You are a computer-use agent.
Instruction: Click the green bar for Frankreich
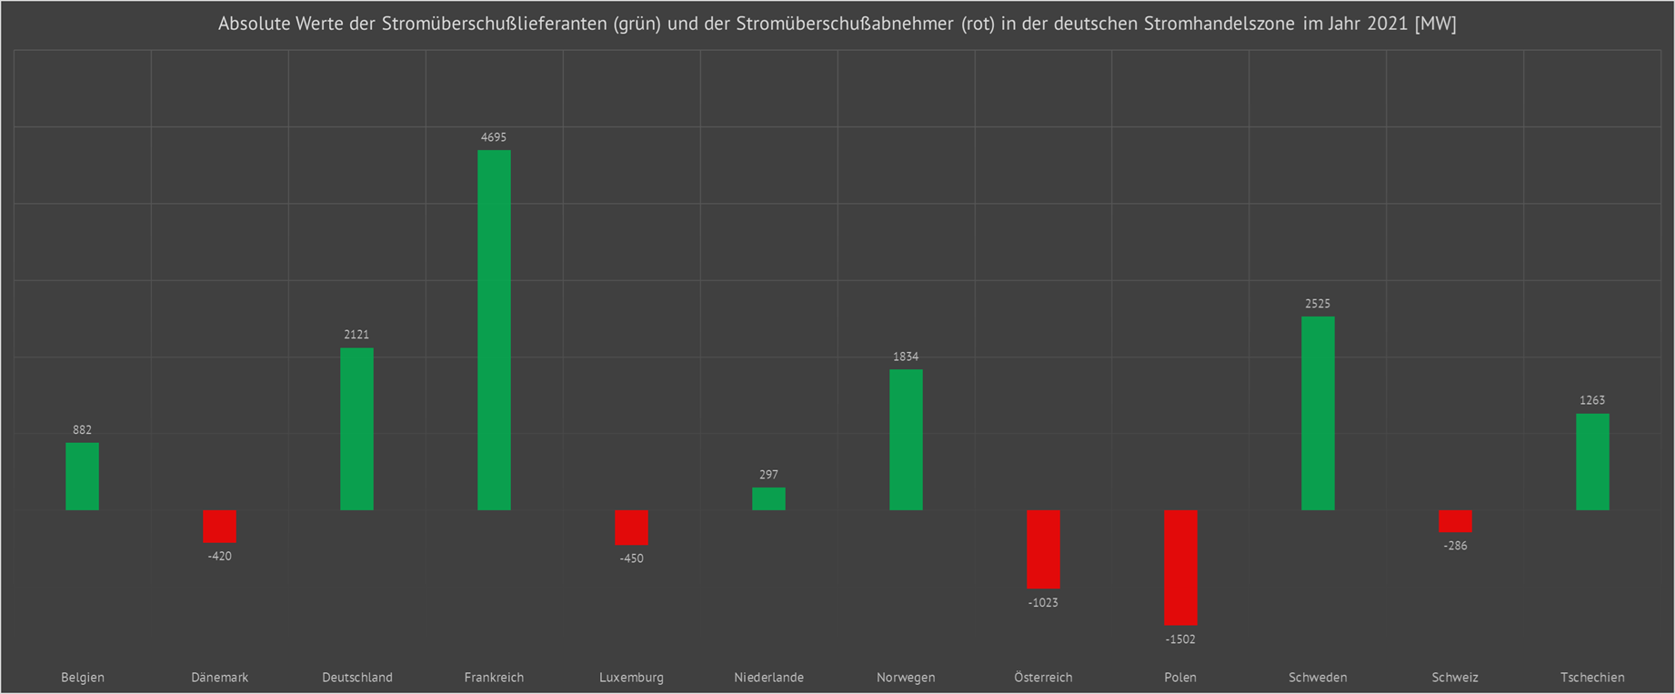(x=494, y=329)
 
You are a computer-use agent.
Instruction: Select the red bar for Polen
(x=1180, y=567)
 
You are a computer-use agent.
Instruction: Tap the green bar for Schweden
(x=1318, y=413)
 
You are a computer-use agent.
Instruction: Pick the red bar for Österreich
(x=1043, y=548)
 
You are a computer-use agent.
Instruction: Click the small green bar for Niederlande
(x=768, y=498)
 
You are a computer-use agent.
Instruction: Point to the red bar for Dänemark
(x=219, y=526)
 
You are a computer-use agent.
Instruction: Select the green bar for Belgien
(x=82, y=476)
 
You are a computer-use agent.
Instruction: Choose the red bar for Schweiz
(x=1455, y=520)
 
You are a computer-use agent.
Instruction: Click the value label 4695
(x=494, y=137)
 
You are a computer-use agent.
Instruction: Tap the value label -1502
(x=1180, y=639)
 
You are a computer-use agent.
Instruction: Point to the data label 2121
(x=356, y=335)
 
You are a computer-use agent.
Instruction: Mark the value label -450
(x=631, y=558)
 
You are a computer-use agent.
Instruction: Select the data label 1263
(x=1592, y=400)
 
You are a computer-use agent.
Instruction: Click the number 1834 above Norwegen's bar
(x=906, y=357)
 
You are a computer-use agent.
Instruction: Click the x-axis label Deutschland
(x=357, y=678)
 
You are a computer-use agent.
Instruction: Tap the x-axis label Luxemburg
(x=631, y=678)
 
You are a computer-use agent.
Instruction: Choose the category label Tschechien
(x=1592, y=678)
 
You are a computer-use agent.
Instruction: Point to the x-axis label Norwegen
(x=906, y=678)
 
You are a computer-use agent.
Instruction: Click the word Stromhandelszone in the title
(x=1219, y=25)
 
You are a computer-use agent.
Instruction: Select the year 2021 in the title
(x=1388, y=25)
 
